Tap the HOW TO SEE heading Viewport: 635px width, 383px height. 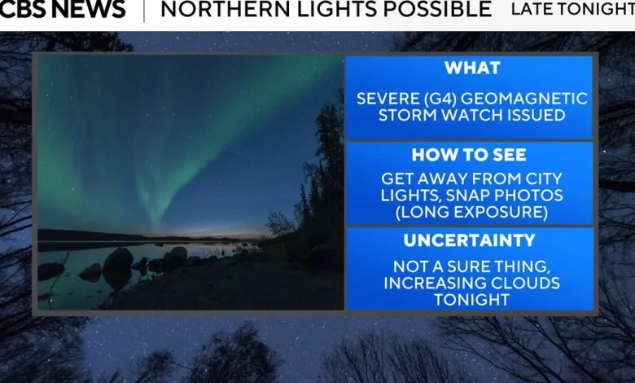pos(470,154)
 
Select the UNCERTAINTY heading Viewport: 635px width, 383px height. pos(470,240)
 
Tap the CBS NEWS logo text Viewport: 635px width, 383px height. pos(63,10)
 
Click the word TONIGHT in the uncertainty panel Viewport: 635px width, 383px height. pos(470,300)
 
